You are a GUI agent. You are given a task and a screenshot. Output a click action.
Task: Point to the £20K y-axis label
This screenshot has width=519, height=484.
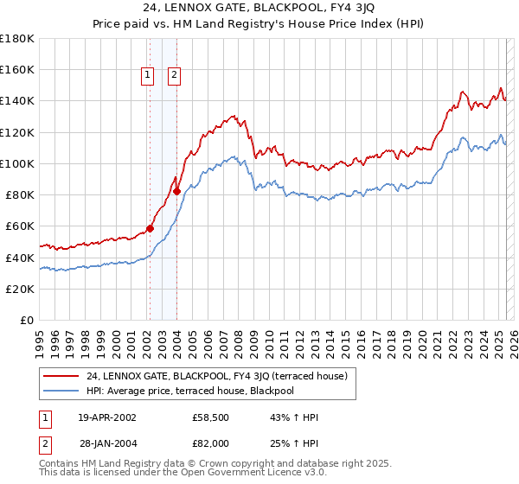(x=20, y=289)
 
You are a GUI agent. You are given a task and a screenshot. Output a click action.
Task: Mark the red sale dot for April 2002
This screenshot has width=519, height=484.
(x=150, y=229)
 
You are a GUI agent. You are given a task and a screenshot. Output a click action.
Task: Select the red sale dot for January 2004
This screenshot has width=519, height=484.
(x=176, y=192)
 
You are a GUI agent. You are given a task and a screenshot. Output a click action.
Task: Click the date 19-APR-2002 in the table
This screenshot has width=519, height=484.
(x=106, y=417)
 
